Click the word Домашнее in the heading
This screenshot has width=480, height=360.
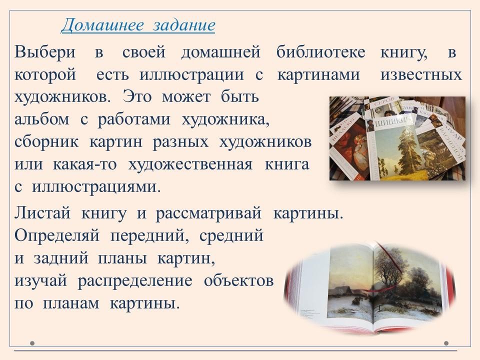click(x=102, y=25)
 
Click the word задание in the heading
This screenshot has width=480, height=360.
click(x=184, y=25)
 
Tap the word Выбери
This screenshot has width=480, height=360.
click(x=44, y=51)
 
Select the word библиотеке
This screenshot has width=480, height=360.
click(x=320, y=51)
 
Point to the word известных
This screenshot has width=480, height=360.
click(x=421, y=74)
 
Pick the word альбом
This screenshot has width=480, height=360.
click(x=42, y=119)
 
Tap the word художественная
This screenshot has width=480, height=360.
click(x=190, y=164)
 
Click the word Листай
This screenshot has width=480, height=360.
click(x=42, y=213)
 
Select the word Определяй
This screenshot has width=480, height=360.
click(x=57, y=235)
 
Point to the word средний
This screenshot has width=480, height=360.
click(x=231, y=235)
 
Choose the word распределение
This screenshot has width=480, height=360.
click(x=135, y=281)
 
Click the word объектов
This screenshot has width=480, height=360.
click(x=239, y=280)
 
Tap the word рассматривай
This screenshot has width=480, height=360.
click(x=209, y=213)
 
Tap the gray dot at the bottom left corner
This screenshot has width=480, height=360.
click(x=32, y=343)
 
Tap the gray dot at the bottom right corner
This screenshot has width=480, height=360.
click(x=446, y=343)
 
